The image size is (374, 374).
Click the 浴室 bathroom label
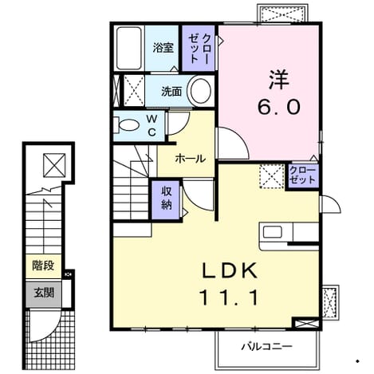pos(163,48)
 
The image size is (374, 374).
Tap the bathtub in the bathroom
pos(129,48)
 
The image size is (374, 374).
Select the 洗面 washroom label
pos(171,91)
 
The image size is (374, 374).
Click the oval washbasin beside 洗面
pos(201,91)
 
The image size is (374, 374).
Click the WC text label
pos(152,125)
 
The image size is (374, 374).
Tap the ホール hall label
pos(190,159)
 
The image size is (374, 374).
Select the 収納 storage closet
pos(167,199)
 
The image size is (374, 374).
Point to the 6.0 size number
pos(278,107)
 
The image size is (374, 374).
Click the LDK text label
pos(230,270)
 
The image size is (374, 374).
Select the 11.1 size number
pos(229,297)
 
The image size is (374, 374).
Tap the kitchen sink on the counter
pos(272,232)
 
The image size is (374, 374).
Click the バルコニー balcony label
pos(267,347)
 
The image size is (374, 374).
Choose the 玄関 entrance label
pos(44,293)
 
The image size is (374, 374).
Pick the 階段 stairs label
pos(43,266)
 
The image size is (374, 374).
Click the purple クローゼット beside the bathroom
pos(199,48)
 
